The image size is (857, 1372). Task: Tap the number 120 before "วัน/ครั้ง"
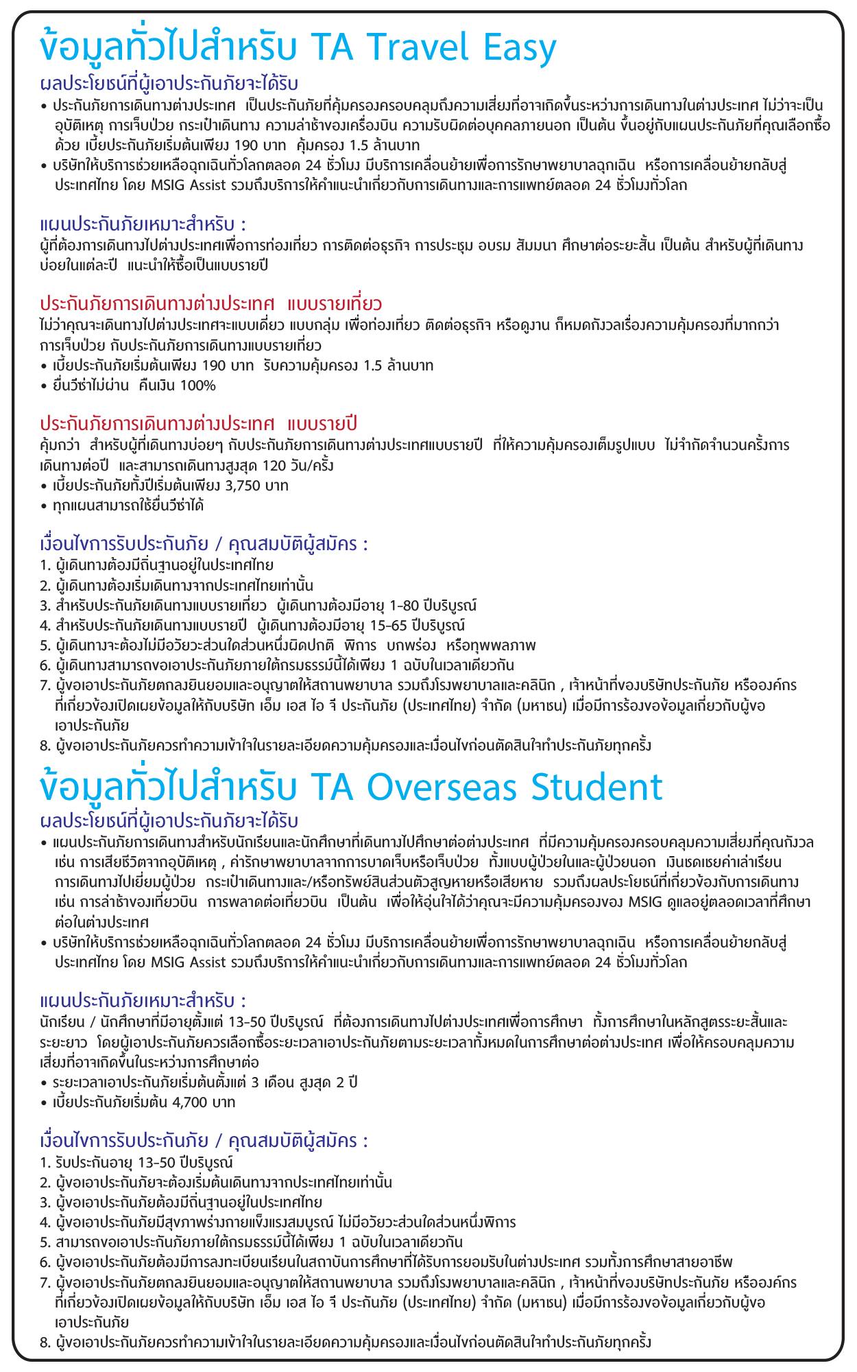(x=274, y=466)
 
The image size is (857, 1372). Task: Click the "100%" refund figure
(x=197, y=386)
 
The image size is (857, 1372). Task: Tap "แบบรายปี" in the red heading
(x=322, y=423)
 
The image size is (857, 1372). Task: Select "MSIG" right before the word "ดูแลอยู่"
(x=645, y=901)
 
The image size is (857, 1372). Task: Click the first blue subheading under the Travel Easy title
(x=169, y=84)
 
